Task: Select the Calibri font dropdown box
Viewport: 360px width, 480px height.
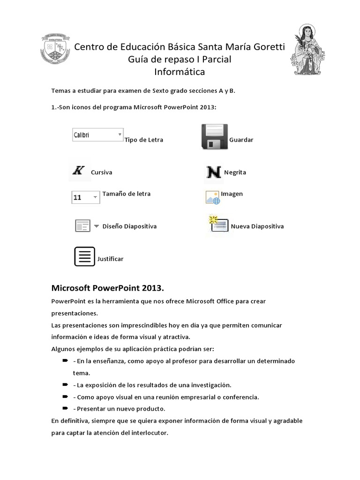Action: coord(97,135)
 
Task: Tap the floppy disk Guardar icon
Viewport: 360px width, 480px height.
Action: coord(214,137)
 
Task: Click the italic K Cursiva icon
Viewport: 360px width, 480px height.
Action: coord(78,170)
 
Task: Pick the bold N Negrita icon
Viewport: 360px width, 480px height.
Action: coord(214,172)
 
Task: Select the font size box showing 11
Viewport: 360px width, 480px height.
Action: coord(85,197)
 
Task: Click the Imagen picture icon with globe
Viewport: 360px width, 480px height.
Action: coord(212,197)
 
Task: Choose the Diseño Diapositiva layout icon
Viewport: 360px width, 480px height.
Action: coord(82,226)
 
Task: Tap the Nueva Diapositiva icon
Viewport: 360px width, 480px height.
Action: coord(218,225)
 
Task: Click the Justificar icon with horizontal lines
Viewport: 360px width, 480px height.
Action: coord(84,256)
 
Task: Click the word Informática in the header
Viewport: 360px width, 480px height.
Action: coord(180,72)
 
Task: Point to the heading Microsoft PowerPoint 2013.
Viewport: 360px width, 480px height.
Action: coord(107,287)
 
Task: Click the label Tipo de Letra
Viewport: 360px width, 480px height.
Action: coord(144,140)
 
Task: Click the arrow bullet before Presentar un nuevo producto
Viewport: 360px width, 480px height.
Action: coord(65,408)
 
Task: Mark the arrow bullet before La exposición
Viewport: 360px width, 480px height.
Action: coord(65,384)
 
